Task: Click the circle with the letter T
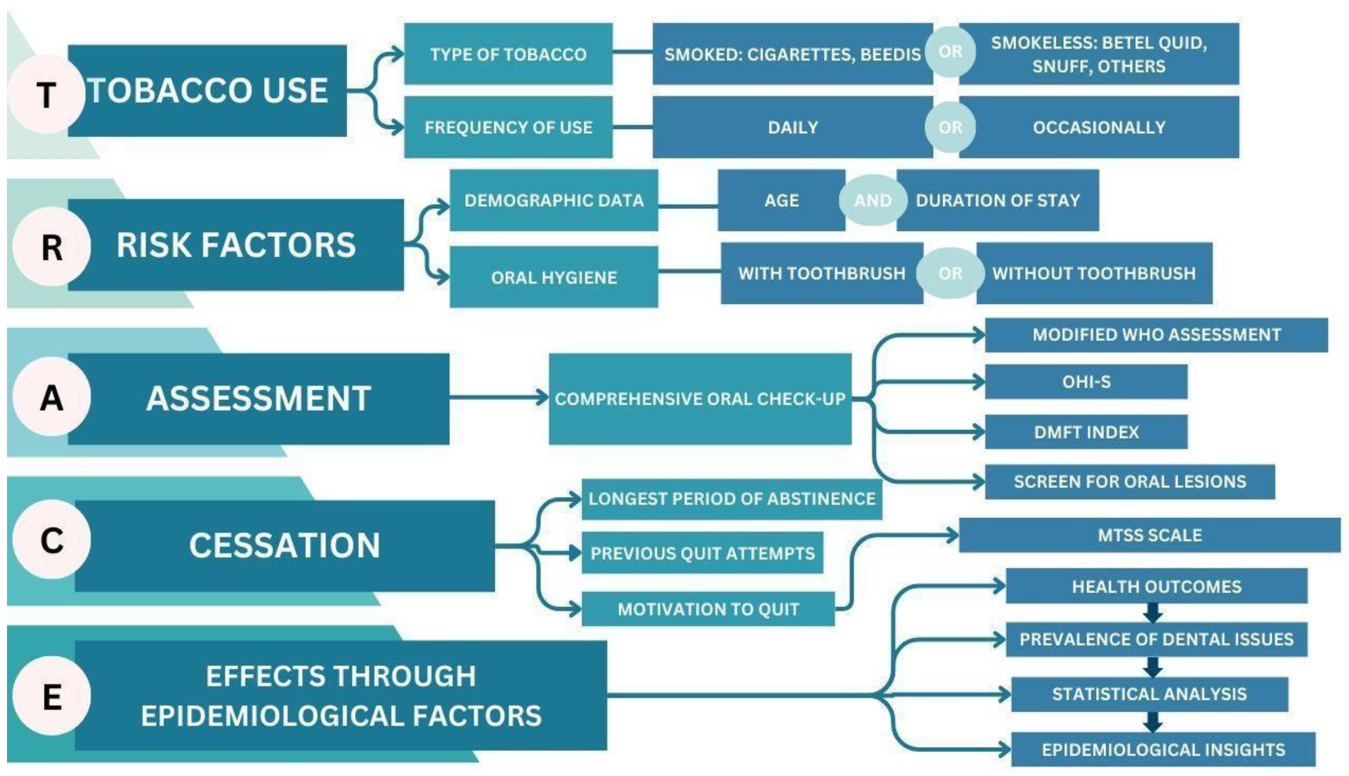(47, 94)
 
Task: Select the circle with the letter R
(52, 247)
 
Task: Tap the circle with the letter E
(52, 696)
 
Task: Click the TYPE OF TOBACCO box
(508, 54)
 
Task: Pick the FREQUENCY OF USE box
(508, 127)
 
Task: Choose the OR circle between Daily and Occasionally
(950, 127)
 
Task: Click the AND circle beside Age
(872, 200)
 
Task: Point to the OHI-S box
(1086, 382)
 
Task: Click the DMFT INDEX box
(1086, 432)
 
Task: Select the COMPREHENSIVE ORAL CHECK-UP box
(700, 398)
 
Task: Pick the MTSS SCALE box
(1149, 535)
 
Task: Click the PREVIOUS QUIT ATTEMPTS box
(702, 553)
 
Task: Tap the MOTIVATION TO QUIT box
(708, 609)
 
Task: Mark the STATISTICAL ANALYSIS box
(1149, 694)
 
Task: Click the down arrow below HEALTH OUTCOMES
(1153, 613)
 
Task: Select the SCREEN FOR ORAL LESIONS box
(1129, 482)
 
